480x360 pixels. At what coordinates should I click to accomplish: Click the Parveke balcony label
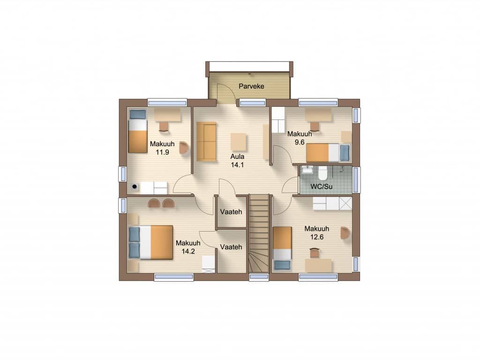pyautogui.click(x=251, y=86)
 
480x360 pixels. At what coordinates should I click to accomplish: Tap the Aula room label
pyautogui.click(x=237, y=157)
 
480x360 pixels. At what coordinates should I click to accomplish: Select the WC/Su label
pyautogui.click(x=322, y=187)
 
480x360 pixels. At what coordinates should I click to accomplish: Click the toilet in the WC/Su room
pyautogui.click(x=322, y=173)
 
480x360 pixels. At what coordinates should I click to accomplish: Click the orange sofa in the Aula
pyautogui.click(x=206, y=142)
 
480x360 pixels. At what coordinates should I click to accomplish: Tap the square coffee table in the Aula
pyautogui.click(x=239, y=142)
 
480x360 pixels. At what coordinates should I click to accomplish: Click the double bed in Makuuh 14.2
pyautogui.click(x=150, y=242)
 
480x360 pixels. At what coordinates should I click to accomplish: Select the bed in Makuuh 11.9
pyautogui.click(x=138, y=131)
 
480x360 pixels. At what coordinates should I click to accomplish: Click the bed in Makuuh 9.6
pyautogui.click(x=328, y=153)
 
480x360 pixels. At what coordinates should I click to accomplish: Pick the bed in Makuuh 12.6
pyautogui.click(x=282, y=248)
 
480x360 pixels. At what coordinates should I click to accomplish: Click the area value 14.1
pyautogui.click(x=237, y=165)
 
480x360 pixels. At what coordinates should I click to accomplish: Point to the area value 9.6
pyautogui.click(x=300, y=142)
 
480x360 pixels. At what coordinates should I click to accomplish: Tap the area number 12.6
pyautogui.click(x=317, y=237)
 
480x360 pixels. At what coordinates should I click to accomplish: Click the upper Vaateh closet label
pyautogui.click(x=231, y=212)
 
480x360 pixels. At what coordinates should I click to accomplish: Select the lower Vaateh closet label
pyautogui.click(x=231, y=247)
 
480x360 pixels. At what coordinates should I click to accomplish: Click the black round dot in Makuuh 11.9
pyautogui.click(x=134, y=186)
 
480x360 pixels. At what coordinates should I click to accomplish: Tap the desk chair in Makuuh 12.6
pyautogui.click(x=315, y=253)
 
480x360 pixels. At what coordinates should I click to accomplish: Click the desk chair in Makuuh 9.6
pyautogui.click(x=315, y=127)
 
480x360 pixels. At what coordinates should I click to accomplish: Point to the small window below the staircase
pyautogui.click(x=259, y=277)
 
